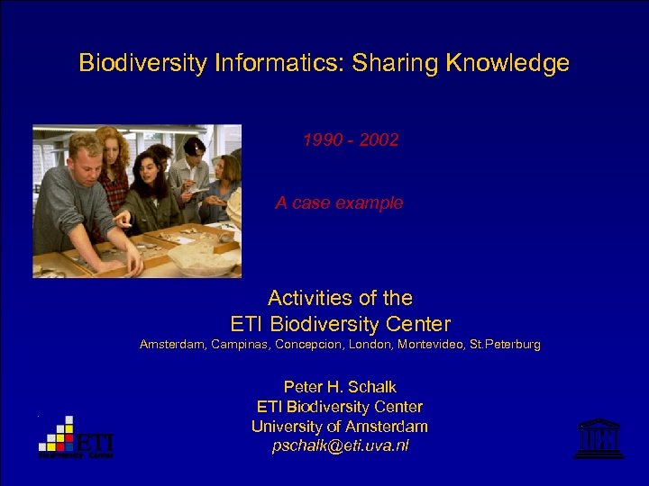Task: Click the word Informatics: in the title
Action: pos(270,63)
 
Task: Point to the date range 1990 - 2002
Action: pos(351,140)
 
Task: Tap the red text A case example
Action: pos(339,203)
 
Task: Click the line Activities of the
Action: pos(340,298)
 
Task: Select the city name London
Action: pos(354,345)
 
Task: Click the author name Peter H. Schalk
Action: pos(340,387)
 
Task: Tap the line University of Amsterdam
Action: pos(340,427)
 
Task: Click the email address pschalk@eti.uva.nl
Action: pos(340,446)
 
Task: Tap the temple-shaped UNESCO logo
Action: pos(599,438)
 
